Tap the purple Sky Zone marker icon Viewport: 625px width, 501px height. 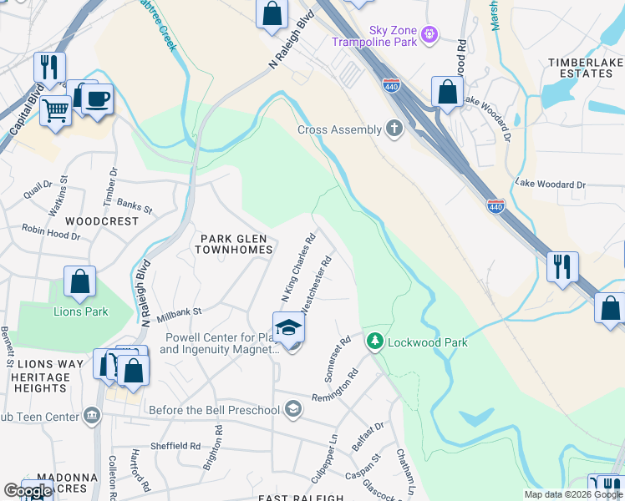click(429, 34)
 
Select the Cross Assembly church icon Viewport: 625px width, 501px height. click(394, 129)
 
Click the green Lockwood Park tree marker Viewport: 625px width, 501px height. click(375, 342)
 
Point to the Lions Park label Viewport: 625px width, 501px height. click(81, 312)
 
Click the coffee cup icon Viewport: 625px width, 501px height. click(97, 99)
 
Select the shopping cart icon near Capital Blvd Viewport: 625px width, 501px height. click(55, 109)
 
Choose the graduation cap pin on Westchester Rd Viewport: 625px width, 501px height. click(288, 327)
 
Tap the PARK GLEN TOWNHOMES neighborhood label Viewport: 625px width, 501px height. click(235, 244)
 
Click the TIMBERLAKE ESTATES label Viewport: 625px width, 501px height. click(586, 68)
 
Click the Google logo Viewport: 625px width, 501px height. click(28, 492)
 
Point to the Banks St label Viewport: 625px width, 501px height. click(135, 205)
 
